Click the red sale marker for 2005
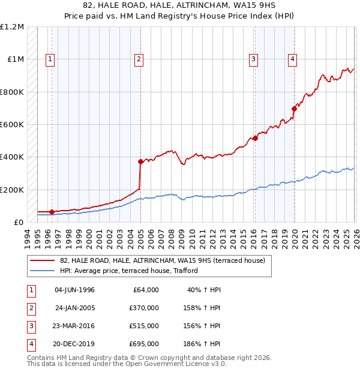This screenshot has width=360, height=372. click(x=140, y=161)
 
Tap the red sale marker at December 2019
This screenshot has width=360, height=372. click(x=294, y=109)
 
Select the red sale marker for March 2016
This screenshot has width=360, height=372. click(x=255, y=138)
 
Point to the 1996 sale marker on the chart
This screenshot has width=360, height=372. click(x=52, y=212)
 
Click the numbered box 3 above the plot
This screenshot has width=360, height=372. click(x=254, y=59)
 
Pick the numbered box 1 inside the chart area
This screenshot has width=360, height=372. click(x=49, y=59)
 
